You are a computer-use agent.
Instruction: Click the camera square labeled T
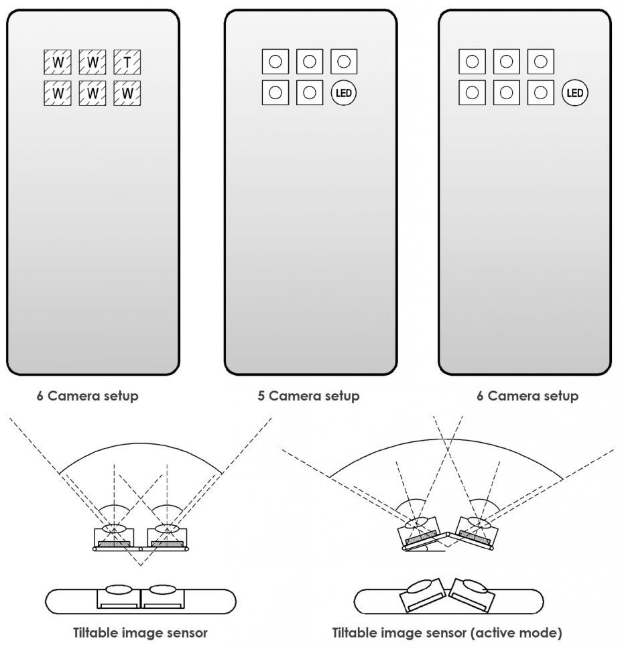(127, 62)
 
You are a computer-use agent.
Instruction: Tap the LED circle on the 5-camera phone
(344, 92)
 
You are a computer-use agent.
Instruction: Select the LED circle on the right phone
(575, 92)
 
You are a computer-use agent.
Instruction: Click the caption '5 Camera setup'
(308, 396)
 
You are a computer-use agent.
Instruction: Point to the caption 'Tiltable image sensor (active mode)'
(447, 633)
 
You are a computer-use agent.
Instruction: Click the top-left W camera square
(58, 62)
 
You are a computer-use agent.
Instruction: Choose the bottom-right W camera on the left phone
(127, 92)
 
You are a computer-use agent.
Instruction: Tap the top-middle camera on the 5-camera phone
(310, 62)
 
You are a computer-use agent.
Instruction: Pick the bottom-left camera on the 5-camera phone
(275, 92)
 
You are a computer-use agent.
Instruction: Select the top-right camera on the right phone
(541, 62)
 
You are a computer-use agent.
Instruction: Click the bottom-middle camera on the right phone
(507, 92)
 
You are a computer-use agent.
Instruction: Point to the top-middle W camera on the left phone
(92, 62)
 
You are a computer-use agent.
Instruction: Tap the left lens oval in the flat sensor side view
(119, 589)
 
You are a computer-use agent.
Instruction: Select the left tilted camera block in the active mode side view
(422, 595)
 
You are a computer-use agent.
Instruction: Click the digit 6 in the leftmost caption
(40, 396)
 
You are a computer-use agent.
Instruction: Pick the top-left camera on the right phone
(472, 62)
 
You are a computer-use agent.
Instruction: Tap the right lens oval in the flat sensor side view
(163, 589)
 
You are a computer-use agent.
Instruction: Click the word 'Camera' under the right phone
(512, 396)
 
